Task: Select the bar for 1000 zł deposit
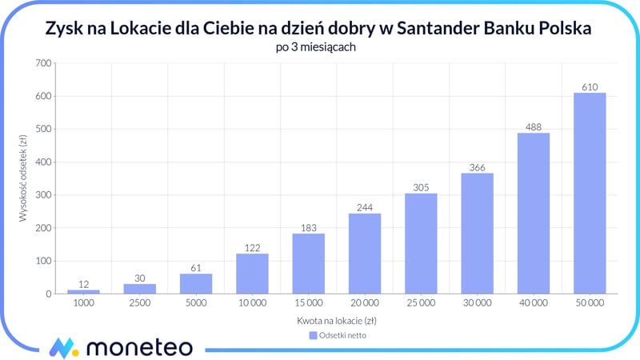(83, 291)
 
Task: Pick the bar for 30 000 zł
(477, 234)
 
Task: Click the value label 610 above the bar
(590, 86)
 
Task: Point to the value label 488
(534, 126)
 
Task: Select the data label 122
(252, 247)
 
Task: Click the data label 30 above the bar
(139, 278)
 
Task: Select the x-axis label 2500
(139, 305)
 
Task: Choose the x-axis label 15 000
(308, 305)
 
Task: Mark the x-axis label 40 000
(534, 305)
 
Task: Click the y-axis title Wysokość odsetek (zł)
(23, 178)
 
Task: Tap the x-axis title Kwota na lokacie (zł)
(336, 321)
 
